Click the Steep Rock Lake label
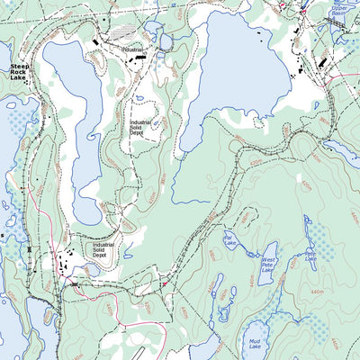point(18,72)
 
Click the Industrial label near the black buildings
point(132,49)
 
